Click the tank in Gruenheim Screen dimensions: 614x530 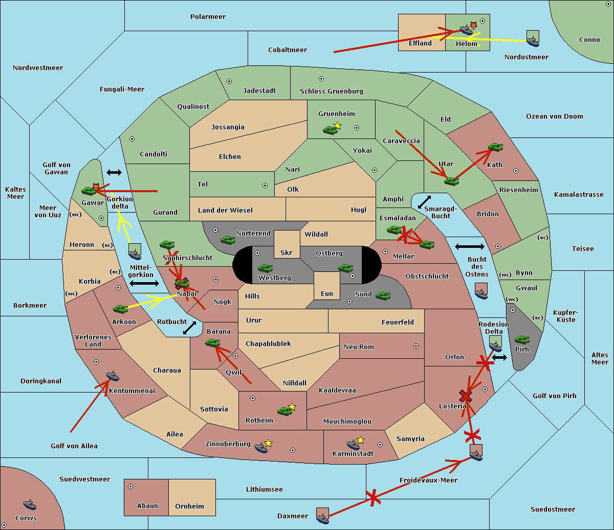[x=330, y=130]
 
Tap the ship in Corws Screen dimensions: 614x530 [x=30, y=504]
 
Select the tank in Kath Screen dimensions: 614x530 [x=495, y=147]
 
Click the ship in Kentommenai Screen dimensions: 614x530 [x=113, y=376]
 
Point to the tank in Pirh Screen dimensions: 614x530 [x=522, y=339]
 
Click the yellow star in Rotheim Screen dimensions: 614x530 [x=292, y=406]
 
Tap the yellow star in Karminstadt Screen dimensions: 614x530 [x=360, y=440]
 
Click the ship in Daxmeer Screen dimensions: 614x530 [x=322, y=516]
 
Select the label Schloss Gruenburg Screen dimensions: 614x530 [x=331, y=91]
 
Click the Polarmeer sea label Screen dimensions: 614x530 [x=208, y=17]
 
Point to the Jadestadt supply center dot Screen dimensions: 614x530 [x=229, y=81]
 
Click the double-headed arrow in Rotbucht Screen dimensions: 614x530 [x=189, y=328]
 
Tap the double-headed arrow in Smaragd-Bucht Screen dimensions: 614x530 [x=424, y=202]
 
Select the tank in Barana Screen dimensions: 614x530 [x=212, y=343]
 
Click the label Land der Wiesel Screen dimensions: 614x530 [x=225, y=211]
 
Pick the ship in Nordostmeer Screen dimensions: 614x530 [x=533, y=38]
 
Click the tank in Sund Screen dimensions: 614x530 [x=383, y=295]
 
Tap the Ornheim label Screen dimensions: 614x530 [x=189, y=506]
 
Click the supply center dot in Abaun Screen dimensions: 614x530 [x=130, y=487]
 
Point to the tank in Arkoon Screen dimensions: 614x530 [x=120, y=309]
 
